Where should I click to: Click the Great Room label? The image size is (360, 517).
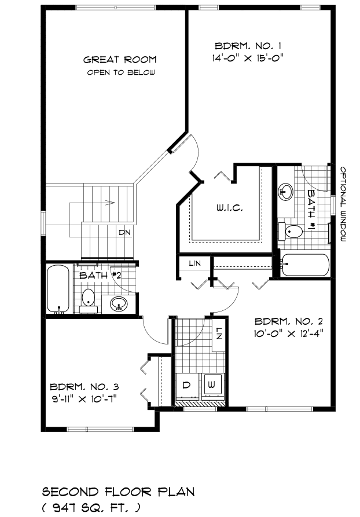tap(120, 60)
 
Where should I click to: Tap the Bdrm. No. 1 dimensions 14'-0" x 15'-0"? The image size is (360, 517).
tap(248, 58)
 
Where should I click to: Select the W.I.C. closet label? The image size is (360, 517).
tap(230, 208)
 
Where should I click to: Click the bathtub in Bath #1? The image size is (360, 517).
tap(304, 265)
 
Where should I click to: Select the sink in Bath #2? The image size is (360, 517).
tap(119, 303)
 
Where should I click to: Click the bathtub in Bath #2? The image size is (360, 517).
tap(58, 289)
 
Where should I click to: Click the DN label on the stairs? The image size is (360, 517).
tap(124, 233)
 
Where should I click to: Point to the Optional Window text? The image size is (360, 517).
tap(343, 204)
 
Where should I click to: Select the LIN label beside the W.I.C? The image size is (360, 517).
tap(195, 263)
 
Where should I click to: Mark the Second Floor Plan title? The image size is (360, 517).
tap(118, 492)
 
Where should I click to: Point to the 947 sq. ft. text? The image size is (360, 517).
tap(91, 508)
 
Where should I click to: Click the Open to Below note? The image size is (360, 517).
tap(120, 72)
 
